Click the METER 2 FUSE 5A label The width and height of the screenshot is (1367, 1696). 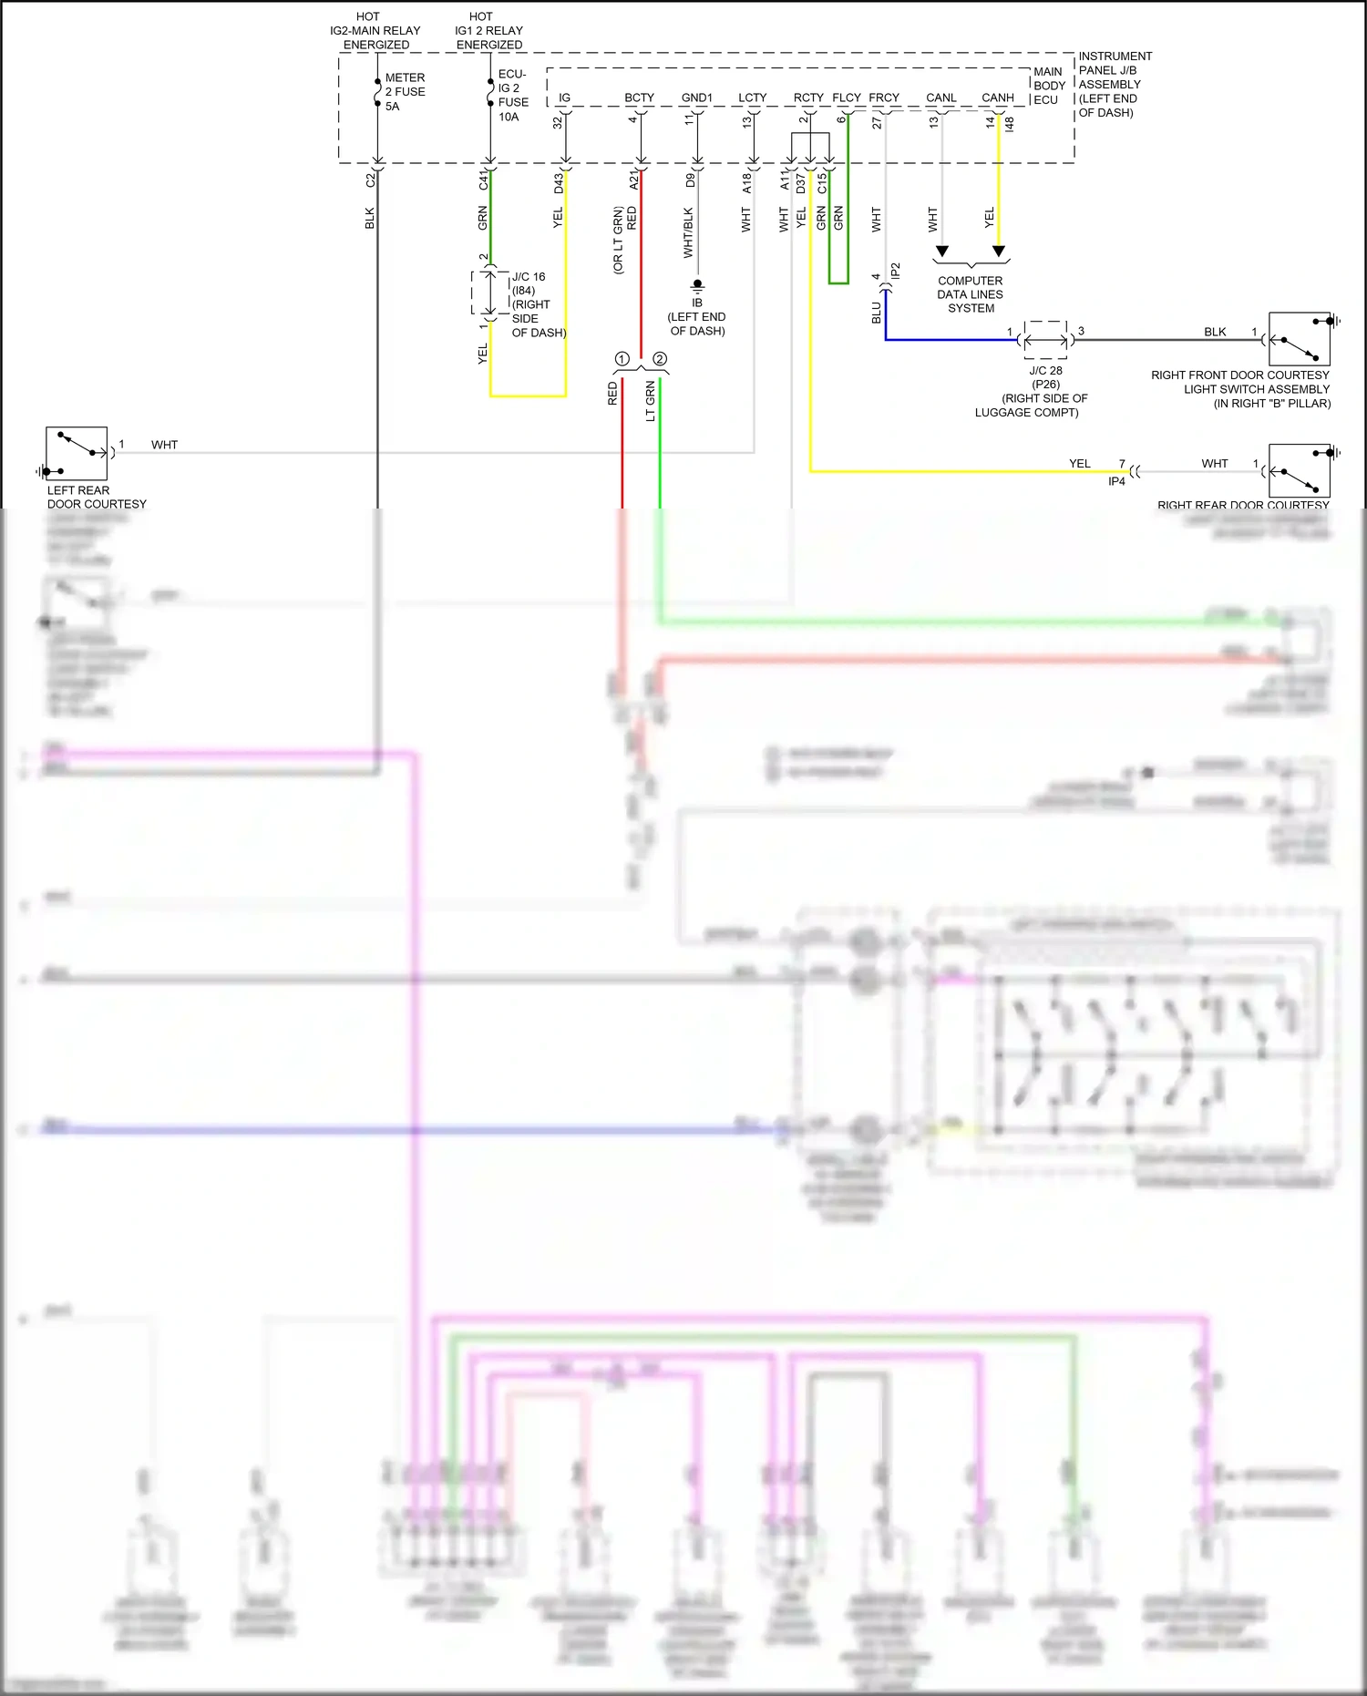click(x=404, y=92)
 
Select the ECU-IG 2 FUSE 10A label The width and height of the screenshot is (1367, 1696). click(x=512, y=96)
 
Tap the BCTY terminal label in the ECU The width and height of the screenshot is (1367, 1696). click(x=639, y=98)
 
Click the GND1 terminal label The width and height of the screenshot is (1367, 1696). click(x=697, y=98)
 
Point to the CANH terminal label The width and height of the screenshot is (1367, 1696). click(x=997, y=98)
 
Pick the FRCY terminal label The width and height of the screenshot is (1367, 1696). click(x=883, y=98)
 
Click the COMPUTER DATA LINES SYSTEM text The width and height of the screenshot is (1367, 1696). click(x=971, y=294)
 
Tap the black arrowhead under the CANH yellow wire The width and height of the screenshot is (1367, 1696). click(x=999, y=252)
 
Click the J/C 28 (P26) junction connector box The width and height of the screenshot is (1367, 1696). click(x=1045, y=340)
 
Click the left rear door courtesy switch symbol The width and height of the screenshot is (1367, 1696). click(x=77, y=453)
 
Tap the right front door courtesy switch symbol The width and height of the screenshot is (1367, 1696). click(x=1300, y=339)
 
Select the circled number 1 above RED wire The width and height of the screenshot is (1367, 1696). click(x=622, y=359)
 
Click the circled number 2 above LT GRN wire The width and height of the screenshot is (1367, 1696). click(x=660, y=359)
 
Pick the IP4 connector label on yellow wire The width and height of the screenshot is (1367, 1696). click(x=1116, y=481)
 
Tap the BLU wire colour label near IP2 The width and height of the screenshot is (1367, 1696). click(x=876, y=313)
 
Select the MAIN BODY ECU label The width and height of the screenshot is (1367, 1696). click(x=1048, y=86)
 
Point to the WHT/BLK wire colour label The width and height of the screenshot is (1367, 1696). click(x=688, y=232)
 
